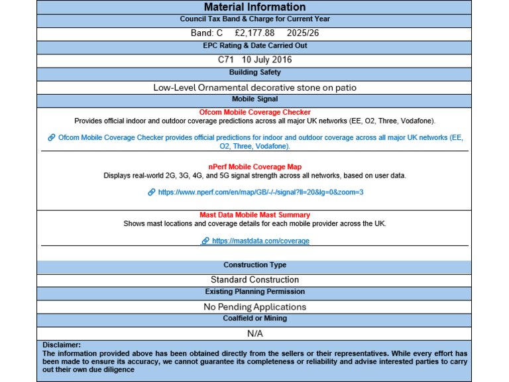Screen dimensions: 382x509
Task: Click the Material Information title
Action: coord(254,7)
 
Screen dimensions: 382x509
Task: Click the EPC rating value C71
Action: coord(226,59)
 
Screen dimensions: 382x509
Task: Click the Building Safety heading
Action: coord(254,72)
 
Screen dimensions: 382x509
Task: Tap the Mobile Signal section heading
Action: coord(254,99)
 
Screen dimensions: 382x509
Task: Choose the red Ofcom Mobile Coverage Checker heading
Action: coord(254,112)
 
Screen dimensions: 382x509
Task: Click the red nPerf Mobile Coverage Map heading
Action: coord(254,166)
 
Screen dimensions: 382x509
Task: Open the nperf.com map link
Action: coord(260,192)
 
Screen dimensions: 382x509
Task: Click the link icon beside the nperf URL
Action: coord(151,192)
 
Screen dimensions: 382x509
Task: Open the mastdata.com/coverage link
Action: coord(260,241)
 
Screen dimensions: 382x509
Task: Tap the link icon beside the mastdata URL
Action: coord(205,241)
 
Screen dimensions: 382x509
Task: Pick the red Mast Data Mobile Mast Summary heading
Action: coord(254,215)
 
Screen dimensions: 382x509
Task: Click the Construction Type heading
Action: coord(254,265)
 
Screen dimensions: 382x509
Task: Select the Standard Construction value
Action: coord(254,280)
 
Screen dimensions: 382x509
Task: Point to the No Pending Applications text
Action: coord(254,306)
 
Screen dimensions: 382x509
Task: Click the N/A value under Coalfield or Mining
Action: coord(254,333)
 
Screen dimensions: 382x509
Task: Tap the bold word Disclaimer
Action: coord(62,345)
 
